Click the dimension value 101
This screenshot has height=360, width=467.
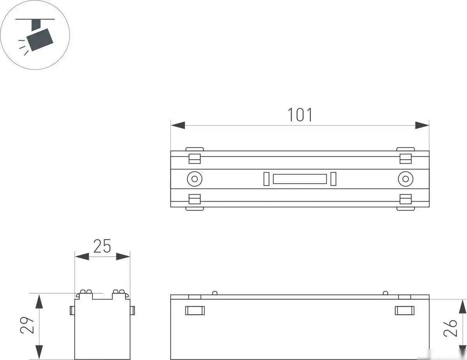300,115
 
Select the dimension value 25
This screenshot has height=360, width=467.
102,246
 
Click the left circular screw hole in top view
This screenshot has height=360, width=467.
194,179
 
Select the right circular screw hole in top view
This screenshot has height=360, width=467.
406,179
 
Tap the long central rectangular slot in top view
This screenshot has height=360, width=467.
299,179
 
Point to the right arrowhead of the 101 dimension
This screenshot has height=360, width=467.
422,125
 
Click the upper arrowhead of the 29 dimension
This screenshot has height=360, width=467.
39,302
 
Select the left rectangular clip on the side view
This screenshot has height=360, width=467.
195,310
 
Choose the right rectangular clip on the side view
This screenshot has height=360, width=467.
405,310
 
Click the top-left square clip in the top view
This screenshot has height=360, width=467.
194,158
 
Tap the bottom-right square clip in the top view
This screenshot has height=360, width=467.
406,199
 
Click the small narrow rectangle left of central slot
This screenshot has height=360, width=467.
266,179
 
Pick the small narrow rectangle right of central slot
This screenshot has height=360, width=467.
333,179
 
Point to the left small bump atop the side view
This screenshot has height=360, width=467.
214,292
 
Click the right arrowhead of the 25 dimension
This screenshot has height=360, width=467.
123,256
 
